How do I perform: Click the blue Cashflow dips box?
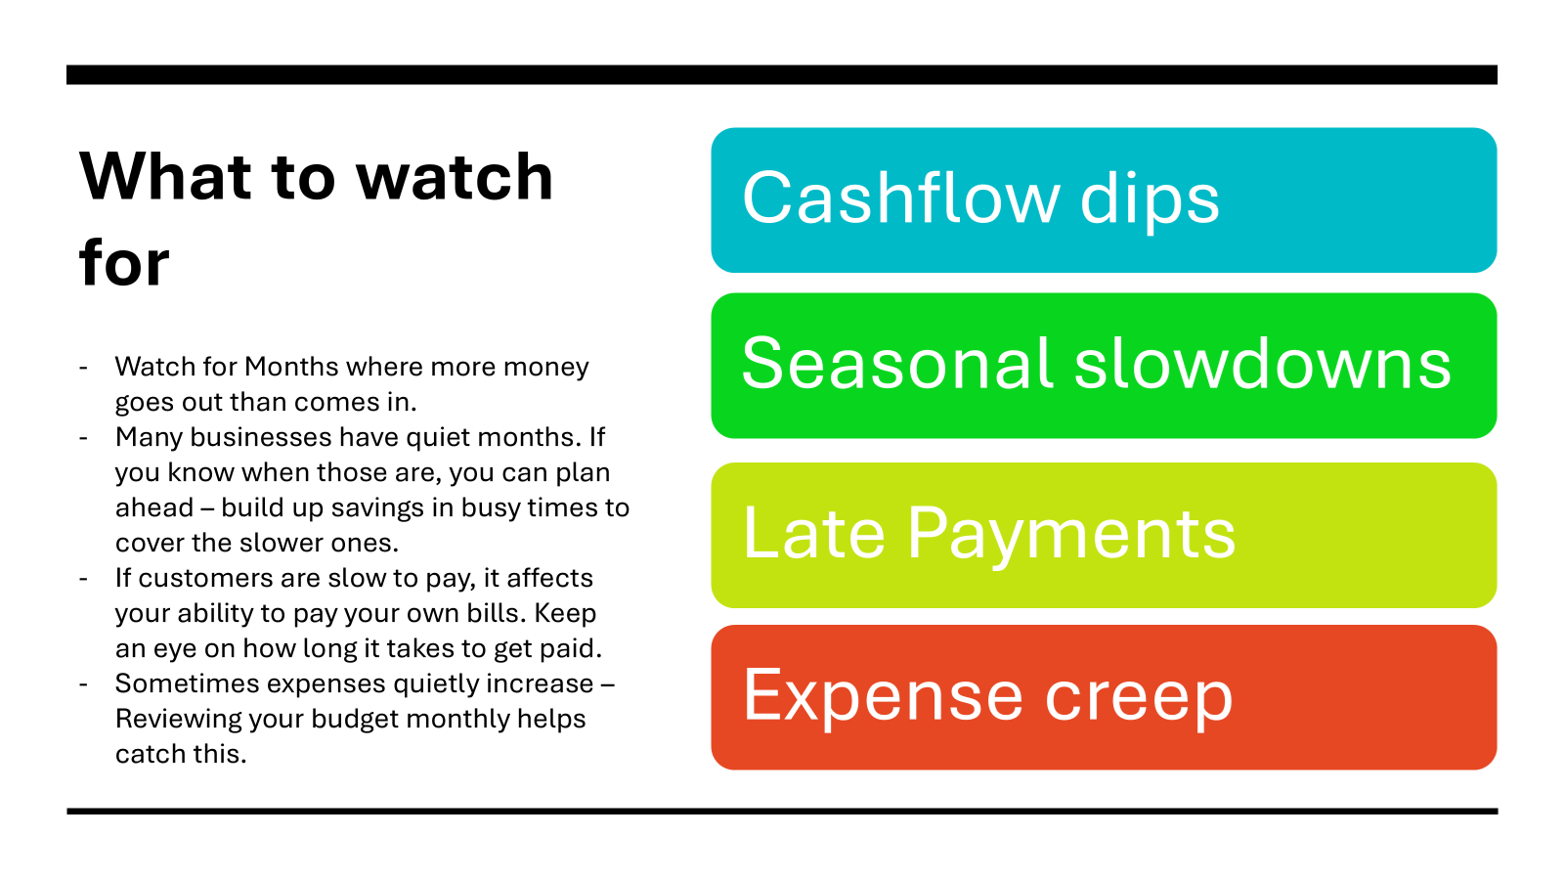pyautogui.click(x=1104, y=199)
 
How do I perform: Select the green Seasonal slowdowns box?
pyautogui.click(x=1104, y=366)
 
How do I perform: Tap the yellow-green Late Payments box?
pyautogui.click(x=1104, y=535)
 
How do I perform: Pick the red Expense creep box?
pyautogui.click(x=1104, y=698)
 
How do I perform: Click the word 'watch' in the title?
pyautogui.click(x=455, y=176)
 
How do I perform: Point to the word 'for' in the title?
pyautogui.click(x=124, y=262)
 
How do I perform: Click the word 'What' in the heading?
pyautogui.click(x=165, y=176)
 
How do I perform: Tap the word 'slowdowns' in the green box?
pyautogui.click(x=1262, y=363)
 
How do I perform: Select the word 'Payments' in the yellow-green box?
pyautogui.click(x=1071, y=535)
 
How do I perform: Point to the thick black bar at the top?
pyautogui.click(x=782, y=74)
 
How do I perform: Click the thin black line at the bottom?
pyautogui.click(x=782, y=812)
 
